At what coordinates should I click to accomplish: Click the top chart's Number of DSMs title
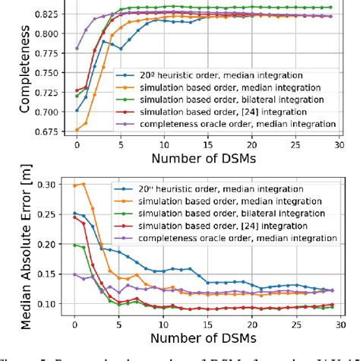tap(205, 160)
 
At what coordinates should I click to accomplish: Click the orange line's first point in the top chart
tap(75, 129)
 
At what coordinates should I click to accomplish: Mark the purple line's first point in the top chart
tap(75, 48)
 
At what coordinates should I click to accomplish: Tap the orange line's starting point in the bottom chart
tap(75, 185)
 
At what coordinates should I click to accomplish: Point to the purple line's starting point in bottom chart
tap(75, 274)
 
